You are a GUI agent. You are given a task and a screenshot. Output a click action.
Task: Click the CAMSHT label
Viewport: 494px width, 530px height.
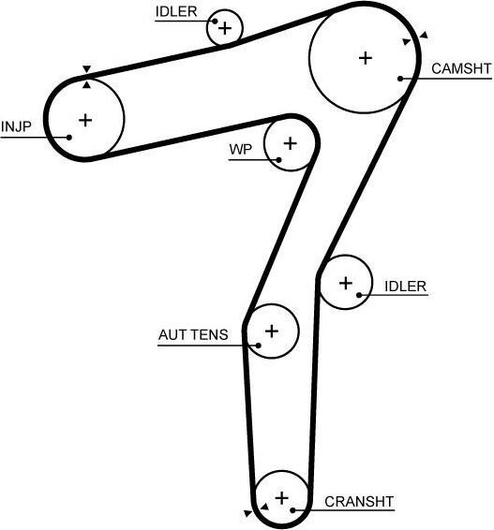coord(461,68)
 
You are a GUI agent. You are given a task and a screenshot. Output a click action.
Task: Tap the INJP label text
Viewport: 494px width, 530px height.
coord(16,126)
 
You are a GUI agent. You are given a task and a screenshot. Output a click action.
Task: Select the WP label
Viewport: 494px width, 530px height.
coord(241,150)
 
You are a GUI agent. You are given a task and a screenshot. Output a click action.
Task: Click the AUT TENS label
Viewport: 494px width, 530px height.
coord(193,334)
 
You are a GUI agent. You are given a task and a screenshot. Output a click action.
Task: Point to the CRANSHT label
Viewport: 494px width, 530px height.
coord(359,502)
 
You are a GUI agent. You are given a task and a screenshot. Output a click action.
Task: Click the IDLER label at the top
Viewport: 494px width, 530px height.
coord(176,12)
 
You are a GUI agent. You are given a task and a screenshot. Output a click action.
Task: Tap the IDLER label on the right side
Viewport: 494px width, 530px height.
coord(405,287)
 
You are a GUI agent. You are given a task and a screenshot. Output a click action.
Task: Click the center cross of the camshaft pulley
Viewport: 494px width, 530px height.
coord(366,58)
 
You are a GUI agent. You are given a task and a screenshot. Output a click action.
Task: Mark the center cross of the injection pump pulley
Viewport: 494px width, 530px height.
coord(85,120)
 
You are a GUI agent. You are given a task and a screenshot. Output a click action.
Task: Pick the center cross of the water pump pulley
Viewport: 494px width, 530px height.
coord(290,143)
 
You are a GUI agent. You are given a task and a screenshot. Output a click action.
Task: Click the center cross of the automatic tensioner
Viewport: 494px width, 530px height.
coord(272,331)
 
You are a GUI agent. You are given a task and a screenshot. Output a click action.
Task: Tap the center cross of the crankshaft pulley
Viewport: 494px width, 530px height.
coord(282,498)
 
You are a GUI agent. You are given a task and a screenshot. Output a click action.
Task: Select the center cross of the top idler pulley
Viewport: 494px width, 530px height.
coord(225,28)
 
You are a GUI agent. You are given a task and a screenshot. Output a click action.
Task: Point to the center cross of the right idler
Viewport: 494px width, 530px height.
coord(346,283)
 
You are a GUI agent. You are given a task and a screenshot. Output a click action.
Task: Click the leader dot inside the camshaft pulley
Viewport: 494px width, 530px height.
coord(400,79)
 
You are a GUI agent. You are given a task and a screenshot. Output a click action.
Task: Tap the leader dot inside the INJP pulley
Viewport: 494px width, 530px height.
coord(69,138)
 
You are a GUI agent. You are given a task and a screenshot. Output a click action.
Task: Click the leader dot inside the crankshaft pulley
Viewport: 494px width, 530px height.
coord(293,510)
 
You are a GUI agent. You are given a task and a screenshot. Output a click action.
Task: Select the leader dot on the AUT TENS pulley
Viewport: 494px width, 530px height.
coord(258,346)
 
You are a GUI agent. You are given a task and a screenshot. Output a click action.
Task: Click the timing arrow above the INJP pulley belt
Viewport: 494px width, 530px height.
coord(87,69)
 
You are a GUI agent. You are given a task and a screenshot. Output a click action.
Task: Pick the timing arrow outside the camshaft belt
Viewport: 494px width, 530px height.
coord(424,35)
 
